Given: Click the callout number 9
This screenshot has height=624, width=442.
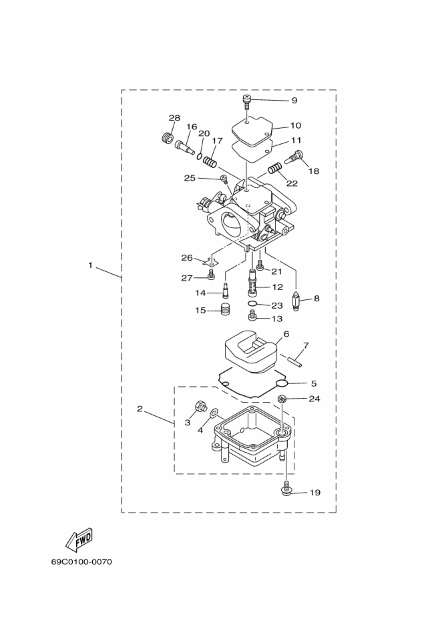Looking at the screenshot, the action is (294, 100).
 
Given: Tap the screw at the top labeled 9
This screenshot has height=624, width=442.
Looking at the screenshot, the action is (247, 102).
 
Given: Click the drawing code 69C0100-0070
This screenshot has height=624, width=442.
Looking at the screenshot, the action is (81, 562).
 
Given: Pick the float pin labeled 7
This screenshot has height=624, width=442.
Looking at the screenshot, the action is (294, 361).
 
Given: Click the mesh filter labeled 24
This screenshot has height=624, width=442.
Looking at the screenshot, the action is (282, 399).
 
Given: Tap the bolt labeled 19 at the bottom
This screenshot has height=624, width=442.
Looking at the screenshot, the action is (286, 490).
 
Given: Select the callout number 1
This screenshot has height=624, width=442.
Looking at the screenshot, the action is (91, 265).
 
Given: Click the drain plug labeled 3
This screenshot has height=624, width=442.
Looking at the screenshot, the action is (200, 407).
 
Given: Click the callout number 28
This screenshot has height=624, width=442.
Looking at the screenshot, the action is (174, 118).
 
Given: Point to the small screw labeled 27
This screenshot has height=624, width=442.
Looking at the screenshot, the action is (210, 274).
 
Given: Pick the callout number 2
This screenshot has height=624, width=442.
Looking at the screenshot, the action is (140, 409).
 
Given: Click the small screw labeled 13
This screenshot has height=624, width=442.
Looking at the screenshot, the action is (252, 317).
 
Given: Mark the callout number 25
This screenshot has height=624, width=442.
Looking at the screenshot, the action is (190, 178).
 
